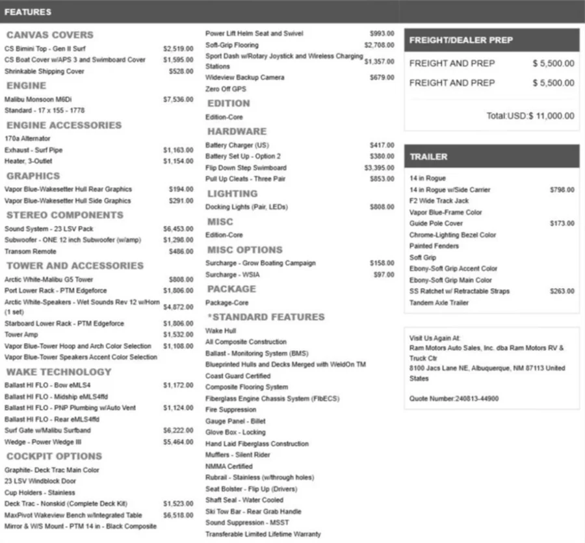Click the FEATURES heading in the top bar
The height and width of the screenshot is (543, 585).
(28, 12)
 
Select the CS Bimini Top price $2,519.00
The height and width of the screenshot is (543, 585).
(178, 49)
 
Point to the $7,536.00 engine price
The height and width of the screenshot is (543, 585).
(178, 99)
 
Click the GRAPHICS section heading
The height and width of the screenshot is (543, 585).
(33, 176)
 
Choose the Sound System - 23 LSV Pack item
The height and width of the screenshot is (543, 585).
(49, 229)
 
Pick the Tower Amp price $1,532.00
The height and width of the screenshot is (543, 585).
(178, 335)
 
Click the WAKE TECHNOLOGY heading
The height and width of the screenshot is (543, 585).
(58, 372)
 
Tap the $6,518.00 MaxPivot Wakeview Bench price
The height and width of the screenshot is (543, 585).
(178, 515)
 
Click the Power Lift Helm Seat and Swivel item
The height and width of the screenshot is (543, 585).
(254, 34)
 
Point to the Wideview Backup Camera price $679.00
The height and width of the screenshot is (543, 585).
(382, 78)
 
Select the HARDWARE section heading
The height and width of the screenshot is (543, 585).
(237, 131)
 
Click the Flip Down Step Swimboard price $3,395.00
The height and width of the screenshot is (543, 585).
(379, 168)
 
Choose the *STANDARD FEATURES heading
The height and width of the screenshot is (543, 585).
(266, 317)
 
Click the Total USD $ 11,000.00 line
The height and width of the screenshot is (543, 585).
(530, 116)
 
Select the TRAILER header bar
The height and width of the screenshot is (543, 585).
(491, 157)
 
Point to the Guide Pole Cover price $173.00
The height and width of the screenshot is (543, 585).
(562, 223)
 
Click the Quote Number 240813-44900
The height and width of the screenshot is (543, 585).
(454, 398)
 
